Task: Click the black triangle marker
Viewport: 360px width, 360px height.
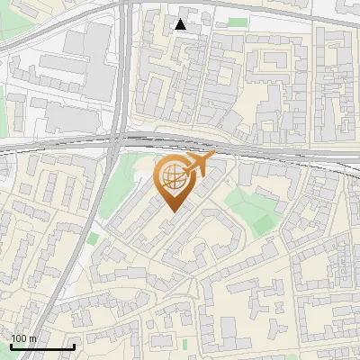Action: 181,24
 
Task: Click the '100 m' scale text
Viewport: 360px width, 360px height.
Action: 23,339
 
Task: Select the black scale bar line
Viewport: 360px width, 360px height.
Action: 42,347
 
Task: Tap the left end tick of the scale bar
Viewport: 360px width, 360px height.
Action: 11,346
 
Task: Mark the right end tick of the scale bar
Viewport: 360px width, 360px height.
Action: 74,346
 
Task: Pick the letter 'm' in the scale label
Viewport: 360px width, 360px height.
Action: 32,339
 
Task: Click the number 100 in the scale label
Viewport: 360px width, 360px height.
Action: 19,339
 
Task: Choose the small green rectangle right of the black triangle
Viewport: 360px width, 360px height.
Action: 237,22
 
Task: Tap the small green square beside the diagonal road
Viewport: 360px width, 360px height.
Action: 94,238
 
